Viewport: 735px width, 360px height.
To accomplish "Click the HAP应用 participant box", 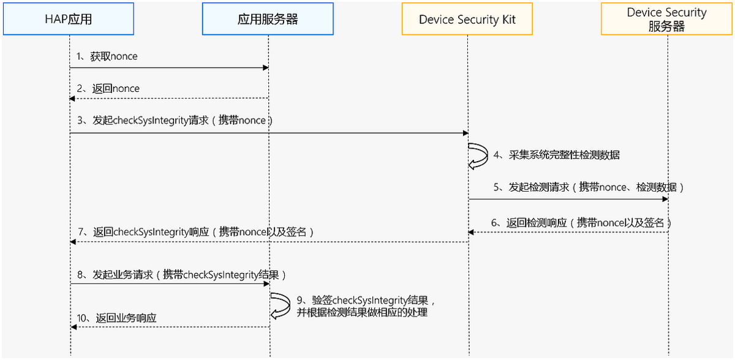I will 68,19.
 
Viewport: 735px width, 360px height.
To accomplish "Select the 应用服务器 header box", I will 268,19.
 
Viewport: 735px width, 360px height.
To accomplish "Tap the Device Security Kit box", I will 467,19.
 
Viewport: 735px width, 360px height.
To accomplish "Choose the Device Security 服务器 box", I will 667,19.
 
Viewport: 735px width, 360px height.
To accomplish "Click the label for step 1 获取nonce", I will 107,56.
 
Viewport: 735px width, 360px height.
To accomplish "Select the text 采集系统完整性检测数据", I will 557,156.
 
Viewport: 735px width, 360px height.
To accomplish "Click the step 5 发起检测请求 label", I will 589,187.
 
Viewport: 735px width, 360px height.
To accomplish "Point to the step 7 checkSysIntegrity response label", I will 197,232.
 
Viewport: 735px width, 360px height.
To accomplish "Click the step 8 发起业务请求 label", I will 182,275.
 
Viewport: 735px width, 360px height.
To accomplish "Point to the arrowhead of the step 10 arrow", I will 73,327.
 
